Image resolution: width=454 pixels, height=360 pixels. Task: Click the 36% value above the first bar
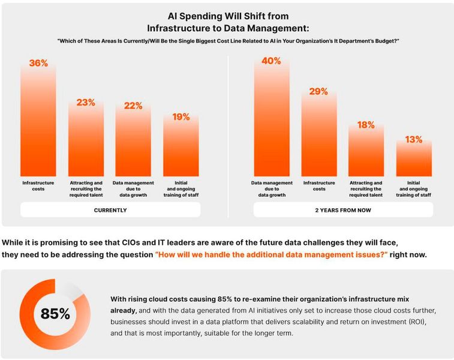[38, 63]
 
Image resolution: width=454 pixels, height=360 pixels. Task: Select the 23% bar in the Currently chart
[86, 141]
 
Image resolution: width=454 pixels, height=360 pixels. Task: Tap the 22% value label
[133, 106]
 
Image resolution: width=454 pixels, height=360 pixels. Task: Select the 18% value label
[366, 125]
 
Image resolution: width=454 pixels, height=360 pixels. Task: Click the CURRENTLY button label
[110, 210]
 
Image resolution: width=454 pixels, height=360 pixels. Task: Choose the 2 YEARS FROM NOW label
[342, 210]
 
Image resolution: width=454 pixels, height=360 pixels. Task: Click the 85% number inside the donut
[55, 314]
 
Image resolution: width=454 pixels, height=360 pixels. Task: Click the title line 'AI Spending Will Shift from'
[227, 17]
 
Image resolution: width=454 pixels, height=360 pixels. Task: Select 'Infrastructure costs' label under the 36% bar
[38, 185]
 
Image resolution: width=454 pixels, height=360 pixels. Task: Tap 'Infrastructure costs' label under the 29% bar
[318, 185]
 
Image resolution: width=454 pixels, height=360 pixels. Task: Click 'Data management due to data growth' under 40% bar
[271, 188]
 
